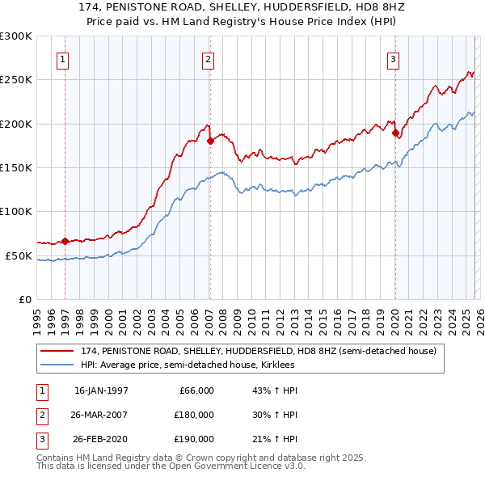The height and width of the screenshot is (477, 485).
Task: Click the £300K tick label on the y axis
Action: pyautogui.click(x=16, y=36)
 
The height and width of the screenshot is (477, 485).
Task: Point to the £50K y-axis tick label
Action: pyautogui.click(x=19, y=255)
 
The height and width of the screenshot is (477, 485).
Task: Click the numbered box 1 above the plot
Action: pyautogui.click(x=63, y=58)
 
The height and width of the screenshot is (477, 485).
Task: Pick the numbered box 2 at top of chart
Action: pyautogui.click(x=209, y=58)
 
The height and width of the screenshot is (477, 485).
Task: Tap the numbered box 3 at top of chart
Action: pyautogui.click(x=393, y=58)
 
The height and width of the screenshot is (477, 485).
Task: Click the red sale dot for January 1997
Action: pyautogui.click(x=65, y=241)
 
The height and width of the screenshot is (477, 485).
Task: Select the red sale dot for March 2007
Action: pyautogui.click(x=210, y=141)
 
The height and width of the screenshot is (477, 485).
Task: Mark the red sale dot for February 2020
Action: pyautogui.click(x=394, y=133)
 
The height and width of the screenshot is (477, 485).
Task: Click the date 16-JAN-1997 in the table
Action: pyautogui.click(x=101, y=390)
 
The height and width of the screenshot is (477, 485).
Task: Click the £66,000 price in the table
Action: pyautogui.click(x=194, y=390)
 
